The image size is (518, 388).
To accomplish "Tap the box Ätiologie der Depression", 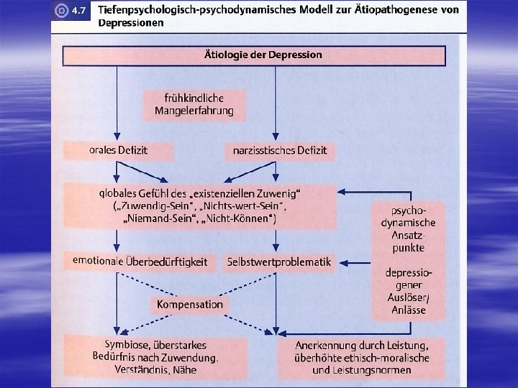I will tap(253, 55).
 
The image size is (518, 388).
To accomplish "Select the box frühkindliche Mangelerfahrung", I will tap(194, 104).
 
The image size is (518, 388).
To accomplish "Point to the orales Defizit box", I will tap(119, 150).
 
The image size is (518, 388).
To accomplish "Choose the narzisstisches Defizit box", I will tap(279, 150).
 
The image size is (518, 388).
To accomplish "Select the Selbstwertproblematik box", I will tap(279, 262).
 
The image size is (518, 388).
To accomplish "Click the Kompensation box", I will tap(190, 305).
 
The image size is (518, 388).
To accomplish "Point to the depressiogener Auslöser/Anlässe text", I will tap(408, 291).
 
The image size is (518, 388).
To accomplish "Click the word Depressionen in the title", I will tap(131, 22).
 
